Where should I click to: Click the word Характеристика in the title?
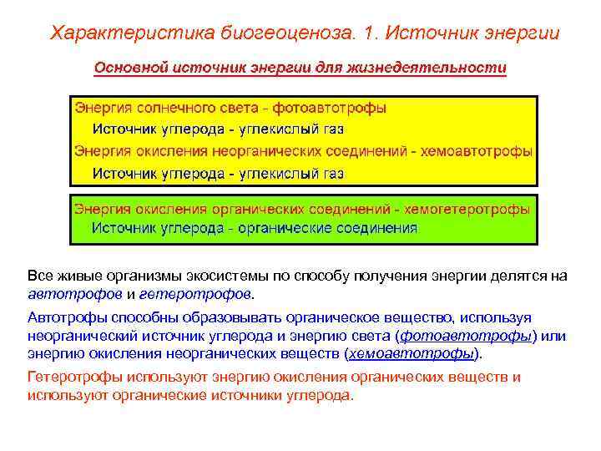(121, 33)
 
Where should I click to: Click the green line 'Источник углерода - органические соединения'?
(255, 226)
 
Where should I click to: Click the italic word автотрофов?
(75, 294)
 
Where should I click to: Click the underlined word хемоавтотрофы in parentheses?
(414, 353)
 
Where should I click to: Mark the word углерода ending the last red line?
(326, 395)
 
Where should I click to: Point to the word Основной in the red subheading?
(127, 67)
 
